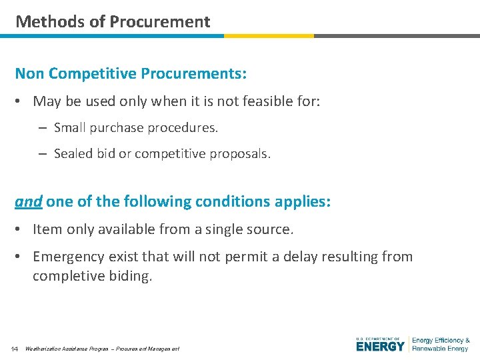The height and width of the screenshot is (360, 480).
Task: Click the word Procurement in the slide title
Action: pyautogui.click(x=160, y=21)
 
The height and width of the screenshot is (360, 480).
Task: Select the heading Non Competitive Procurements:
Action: pyautogui.click(x=131, y=73)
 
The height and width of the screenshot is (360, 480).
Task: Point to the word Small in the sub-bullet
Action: pyautogui.click(x=70, y=127)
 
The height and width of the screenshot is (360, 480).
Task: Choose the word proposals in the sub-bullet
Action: pyautogui.click(x=241, y=153)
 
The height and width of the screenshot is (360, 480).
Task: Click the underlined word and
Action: pyautogui.click(x=29, y=201)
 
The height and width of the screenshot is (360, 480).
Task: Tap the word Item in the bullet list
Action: pyautogui.click(x=47, y=229)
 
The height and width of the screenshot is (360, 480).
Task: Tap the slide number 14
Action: pyautogui.click(x=15, y=349)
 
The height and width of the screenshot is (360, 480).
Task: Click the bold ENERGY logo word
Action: pyautogui.click(x=381, y=347)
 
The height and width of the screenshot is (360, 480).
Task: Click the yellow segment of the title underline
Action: pyautogui.click(x=269, y=36)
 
